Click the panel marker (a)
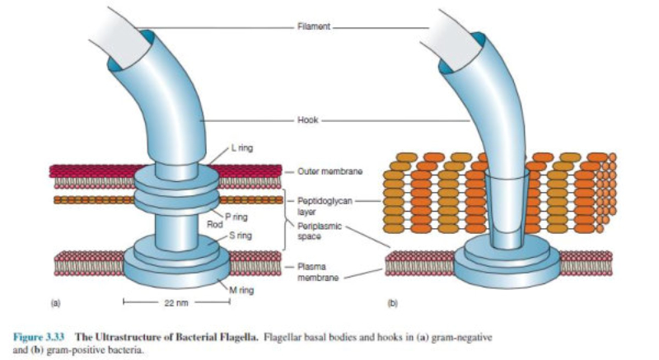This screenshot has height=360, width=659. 56,302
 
